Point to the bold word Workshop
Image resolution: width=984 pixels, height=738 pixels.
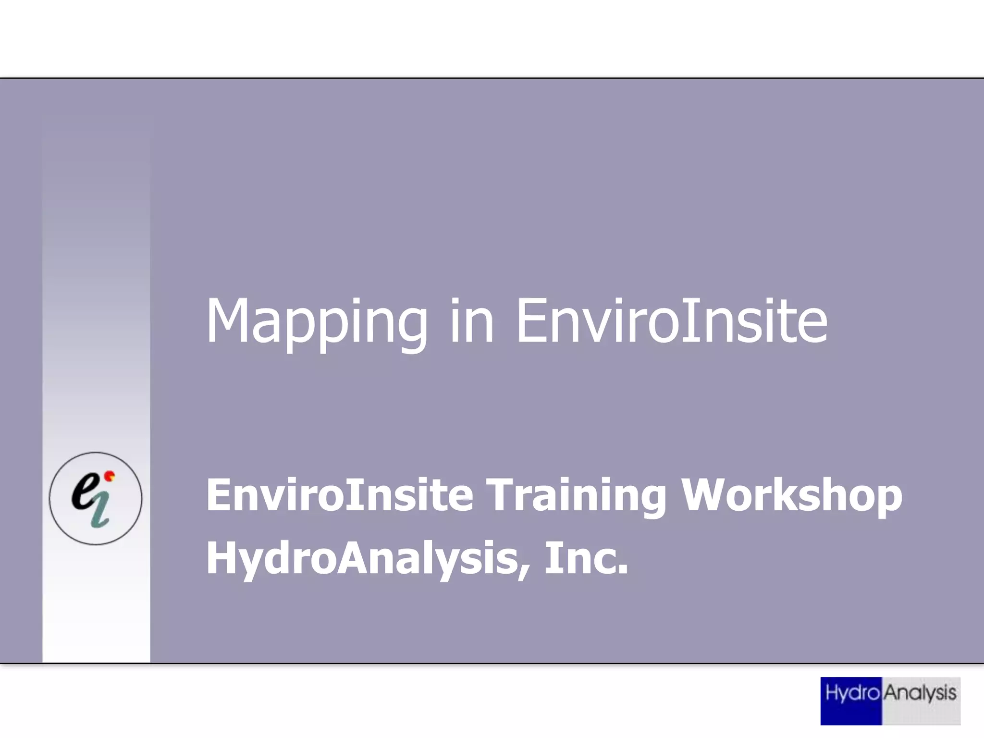click(x=792, y=496)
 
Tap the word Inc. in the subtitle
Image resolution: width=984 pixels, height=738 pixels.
click(x=586, y=558)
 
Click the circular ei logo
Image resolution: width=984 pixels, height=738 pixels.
click(x=96, y=498)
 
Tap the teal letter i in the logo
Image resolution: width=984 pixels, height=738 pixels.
click(x=100, y=512)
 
